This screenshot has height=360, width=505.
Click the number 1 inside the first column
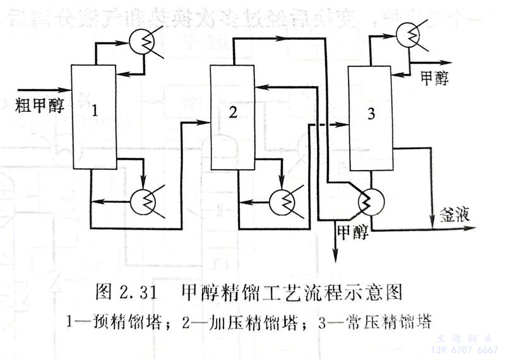(95, 111)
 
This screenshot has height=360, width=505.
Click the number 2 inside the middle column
(233, 112)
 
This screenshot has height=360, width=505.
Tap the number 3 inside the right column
(371, 114)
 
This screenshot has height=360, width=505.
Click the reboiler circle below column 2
(282, 202)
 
